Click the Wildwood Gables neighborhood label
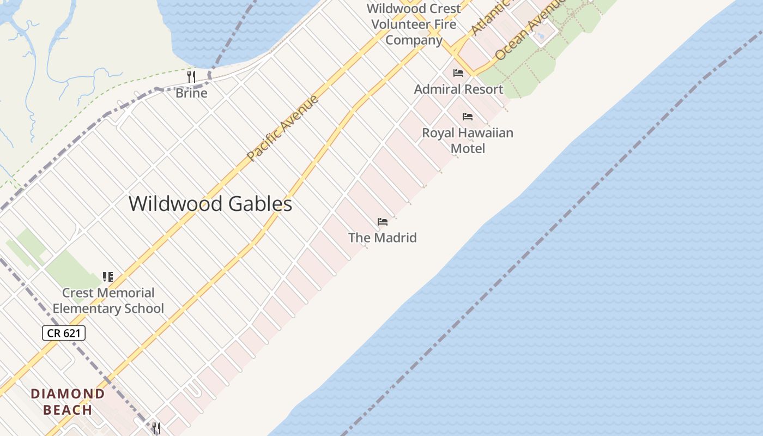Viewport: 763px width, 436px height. [x=210, y=204]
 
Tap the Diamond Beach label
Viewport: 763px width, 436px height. [x=68, y=402]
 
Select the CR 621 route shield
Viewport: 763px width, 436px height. [x=64, y=333]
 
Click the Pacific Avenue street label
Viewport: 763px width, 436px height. [x=282, y=129]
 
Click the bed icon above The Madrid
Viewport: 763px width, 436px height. [x=383, y=222]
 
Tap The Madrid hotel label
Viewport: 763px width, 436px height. [x=383, y=238]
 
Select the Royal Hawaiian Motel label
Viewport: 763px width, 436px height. [x=468, y=141]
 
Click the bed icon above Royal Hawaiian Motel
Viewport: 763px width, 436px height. [x=468, y=117]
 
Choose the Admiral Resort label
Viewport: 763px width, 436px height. [x=458, y=89]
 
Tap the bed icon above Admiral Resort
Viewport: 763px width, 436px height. [x=458, y=72]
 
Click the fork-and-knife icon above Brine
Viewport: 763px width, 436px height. [x=191, y=77]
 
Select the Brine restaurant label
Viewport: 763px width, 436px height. [x=191, y=93]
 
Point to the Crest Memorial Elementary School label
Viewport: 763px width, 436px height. [x=108, y=300]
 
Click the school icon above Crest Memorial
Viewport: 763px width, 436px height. [x=108, y=277]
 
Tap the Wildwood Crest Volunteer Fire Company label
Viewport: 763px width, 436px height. [x=414, y=25]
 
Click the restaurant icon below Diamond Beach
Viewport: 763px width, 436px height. [x=156, y=428]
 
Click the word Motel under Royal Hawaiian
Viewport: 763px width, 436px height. [x=468, y=148]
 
